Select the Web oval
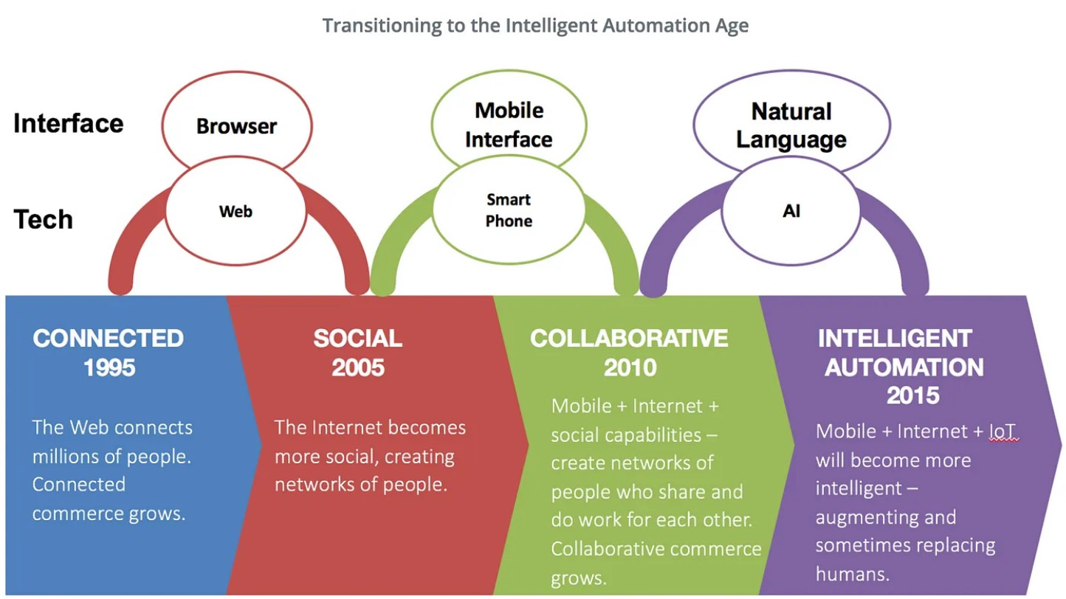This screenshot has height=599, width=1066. click(236, 212)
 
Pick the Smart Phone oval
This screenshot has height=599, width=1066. click(509, 210)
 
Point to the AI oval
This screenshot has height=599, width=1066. click(791, 212)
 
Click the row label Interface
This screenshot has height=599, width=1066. click(69, 123)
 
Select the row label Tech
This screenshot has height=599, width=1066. click(44, 219)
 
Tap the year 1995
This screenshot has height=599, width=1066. click(109, 367)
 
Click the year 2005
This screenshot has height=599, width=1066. click(358, 367)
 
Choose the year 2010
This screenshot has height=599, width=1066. click(630, 367)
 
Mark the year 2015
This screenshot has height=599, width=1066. click(912, 395)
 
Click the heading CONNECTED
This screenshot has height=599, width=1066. click(109, 339)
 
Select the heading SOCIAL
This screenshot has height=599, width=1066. click(358, 339)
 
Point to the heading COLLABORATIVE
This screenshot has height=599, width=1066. click(629, 339)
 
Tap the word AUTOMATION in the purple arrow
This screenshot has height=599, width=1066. click(904, 367)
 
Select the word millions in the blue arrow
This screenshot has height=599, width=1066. click(69, 456)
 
